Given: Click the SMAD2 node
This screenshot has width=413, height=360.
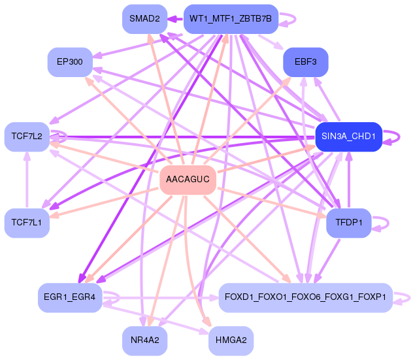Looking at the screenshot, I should pyautogui.click(x=144, y=19).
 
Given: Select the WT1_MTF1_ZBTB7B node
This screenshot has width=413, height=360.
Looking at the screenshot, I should pyautogui.click(x=231, y=19).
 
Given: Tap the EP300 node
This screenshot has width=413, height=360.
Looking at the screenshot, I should pyautogui.click(x=70, y=61).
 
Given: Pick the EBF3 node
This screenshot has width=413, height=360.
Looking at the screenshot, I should pyautogui.click(x=305, y=62).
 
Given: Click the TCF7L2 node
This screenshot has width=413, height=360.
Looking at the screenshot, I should pyautogui.click(x=27, y=136).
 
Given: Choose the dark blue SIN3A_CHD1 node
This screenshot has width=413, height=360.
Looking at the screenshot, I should pyautogui.click(x=348, y=136).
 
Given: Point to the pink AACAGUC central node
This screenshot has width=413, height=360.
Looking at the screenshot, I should pyautogui.click(x=188, y=179).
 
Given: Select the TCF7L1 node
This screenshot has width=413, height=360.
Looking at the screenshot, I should pyautogui.click(x=27, y=223).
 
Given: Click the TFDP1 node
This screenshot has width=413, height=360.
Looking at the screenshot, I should pyautogui.click(x=349, y=223).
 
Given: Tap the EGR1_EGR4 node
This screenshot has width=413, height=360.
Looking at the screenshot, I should pyautogui.click(x=70, y=297).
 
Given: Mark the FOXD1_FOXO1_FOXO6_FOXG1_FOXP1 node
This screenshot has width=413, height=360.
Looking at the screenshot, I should pyautogui.click(x=305, y=297).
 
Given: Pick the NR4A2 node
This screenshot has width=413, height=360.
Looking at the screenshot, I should pyautogui.click(x=144, y=340).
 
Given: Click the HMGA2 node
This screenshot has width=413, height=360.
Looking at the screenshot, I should pyautogui.click(x=231, y=340).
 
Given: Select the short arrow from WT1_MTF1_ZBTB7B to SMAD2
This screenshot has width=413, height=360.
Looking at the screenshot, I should pyautogui.click(x=175, y=19).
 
